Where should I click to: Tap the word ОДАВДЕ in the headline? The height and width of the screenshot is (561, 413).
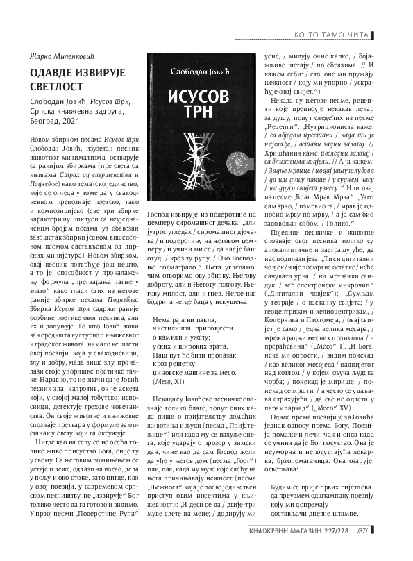(51, 72)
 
